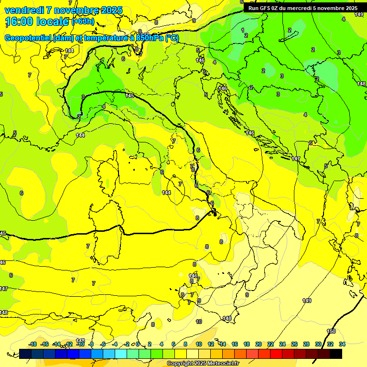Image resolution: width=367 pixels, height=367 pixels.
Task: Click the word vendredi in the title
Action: click(x=24, y=10)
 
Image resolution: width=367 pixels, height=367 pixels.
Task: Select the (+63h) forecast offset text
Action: click(x=83, y=22)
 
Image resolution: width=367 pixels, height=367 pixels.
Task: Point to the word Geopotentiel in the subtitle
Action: click(x=29, y=38)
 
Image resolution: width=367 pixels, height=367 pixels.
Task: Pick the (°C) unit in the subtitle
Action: click(x=172, y=38)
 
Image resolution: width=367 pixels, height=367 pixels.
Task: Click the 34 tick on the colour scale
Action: click(x=342, y=344)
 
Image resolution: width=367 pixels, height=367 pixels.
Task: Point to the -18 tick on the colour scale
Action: click(x=33, y=344)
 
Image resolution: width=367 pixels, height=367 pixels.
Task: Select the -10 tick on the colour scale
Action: click(x=81, y=344)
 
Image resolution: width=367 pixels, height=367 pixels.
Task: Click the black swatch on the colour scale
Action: click(x=335, y=354)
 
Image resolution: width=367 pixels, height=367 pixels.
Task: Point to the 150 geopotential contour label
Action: click(x=331, y=331)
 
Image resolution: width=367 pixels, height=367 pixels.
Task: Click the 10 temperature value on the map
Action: click(x=199, y=322)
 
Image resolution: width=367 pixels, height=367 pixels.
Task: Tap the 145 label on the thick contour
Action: click(x=129, y=96)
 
